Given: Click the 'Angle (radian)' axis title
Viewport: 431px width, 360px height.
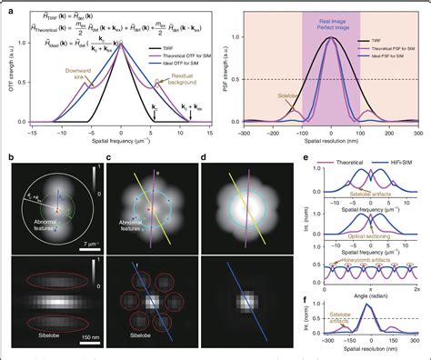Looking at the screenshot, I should pos(369,296).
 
